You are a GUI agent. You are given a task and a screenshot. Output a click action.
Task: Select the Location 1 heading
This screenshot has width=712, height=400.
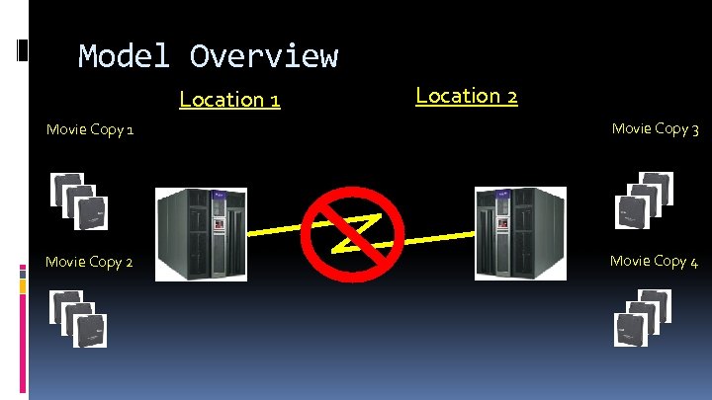229,100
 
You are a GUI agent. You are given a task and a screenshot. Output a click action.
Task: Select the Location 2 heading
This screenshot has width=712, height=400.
467,96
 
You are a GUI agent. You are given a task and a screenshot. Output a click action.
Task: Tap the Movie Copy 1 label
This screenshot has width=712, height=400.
91,130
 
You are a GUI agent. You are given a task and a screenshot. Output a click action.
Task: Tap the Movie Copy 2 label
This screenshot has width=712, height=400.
89,262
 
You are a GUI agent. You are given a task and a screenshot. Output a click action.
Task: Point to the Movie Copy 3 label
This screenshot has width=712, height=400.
656,128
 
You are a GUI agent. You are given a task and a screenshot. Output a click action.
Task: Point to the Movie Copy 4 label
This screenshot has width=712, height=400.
655,261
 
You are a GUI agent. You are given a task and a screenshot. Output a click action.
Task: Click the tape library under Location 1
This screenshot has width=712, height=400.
201,234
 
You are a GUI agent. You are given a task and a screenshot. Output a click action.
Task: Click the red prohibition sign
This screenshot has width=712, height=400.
353,234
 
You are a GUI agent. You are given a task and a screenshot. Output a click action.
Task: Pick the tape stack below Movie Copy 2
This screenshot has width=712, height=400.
79,318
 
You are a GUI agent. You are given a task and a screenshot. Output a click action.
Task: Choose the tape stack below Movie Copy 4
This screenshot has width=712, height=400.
644,317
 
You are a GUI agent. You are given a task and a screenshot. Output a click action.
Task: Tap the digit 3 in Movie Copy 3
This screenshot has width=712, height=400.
695,129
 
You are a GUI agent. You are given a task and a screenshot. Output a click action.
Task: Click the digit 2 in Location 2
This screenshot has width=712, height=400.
510,97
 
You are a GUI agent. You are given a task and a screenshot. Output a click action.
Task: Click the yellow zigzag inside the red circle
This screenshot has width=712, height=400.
353,232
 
